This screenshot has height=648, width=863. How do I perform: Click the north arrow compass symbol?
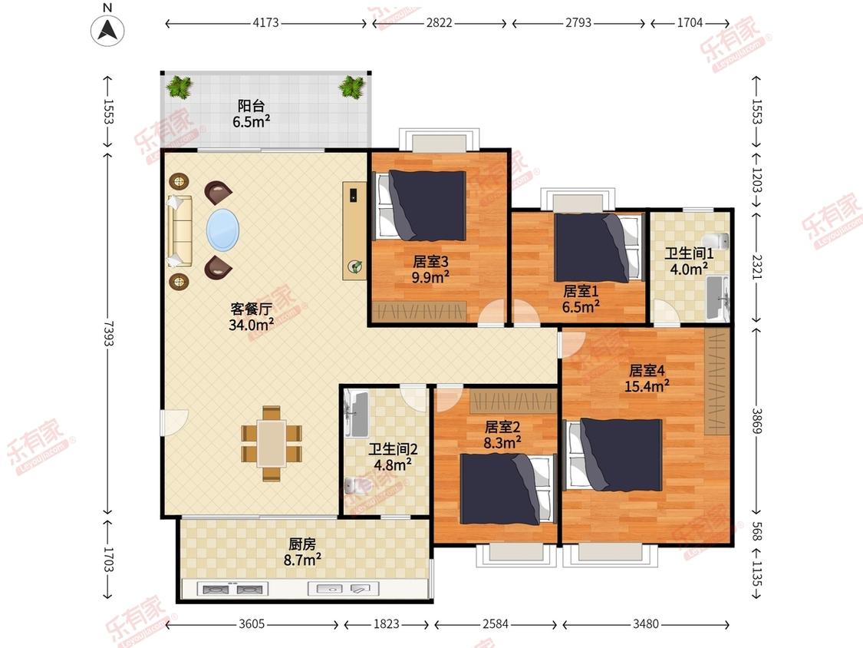pos(107,29)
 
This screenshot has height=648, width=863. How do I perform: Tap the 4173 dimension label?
pos(266,23)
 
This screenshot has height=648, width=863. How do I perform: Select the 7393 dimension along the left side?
pos(107,334)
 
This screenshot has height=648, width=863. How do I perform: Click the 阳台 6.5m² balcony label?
pos(251,114)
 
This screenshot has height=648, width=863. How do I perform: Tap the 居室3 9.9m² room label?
pos(430,269)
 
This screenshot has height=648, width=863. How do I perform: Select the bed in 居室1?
pos(599,248)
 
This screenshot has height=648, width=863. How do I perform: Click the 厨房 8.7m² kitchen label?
pos(302,552)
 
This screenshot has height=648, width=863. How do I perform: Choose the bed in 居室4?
pos(614,455)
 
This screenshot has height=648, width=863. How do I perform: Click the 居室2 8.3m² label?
pos(502,435)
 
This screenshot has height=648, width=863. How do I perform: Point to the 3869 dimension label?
pos(757,422)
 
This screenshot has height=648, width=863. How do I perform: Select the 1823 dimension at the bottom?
pos(387,623)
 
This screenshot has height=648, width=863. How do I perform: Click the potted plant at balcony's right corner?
pos(351,87)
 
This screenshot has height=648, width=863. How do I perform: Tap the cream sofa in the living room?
pos(180,231)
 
